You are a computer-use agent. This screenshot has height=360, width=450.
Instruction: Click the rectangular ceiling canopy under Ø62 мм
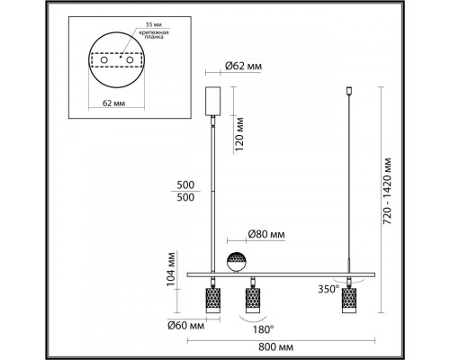(x=213, y=100)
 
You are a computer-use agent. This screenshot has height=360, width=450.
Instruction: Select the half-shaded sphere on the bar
(x=236, y=262)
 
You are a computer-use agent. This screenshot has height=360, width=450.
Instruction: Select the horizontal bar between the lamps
(x=288, y=271)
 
